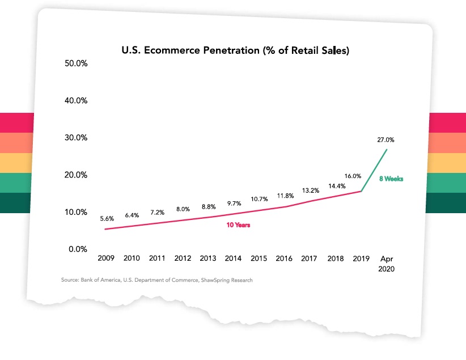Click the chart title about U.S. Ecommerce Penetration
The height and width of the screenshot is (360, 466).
pyautogui.click(x=235, y=50)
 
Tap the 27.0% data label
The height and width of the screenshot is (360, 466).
pyautogui.click(x=385, y=139)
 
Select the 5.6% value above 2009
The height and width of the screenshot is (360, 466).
pyautogui.click(x=107, y=218)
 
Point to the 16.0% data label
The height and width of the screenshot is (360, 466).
pyautogui.click(x=353, y=176)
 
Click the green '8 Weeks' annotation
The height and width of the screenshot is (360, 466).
pyautogui.click(x=391, y=179)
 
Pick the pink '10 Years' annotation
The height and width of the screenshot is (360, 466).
pyautogui.click(x=239, y=225)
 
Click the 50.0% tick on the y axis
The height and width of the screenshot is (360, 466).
pyautogui.click(x=75, y=63)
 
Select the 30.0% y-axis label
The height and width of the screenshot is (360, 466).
pyautogui.click(x=75, y=138)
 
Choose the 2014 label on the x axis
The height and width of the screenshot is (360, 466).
pyautogui.click(x=233, y=259)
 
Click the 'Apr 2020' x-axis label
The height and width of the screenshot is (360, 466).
pyautogui.click(x=386, y=264)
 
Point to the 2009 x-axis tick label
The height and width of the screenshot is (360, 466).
pyautogui.click(x=106, y=259)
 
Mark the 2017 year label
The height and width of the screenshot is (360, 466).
pyautogui.click(x=310, y=259)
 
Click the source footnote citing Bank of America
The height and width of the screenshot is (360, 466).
pyautogui.click(x=157, y=281)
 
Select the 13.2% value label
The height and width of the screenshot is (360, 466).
pyautogui.click(x=310, y=190)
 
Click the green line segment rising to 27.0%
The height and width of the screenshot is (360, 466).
pyautogui.click(x=374, y=170)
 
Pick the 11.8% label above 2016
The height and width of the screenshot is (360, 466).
pyautogui.click(x=285, y=196)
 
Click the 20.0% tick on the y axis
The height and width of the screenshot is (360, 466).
pyautogui.click(x=75, y=175)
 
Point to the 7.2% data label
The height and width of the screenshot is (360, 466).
pyautogui.click(x=157, y=213)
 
